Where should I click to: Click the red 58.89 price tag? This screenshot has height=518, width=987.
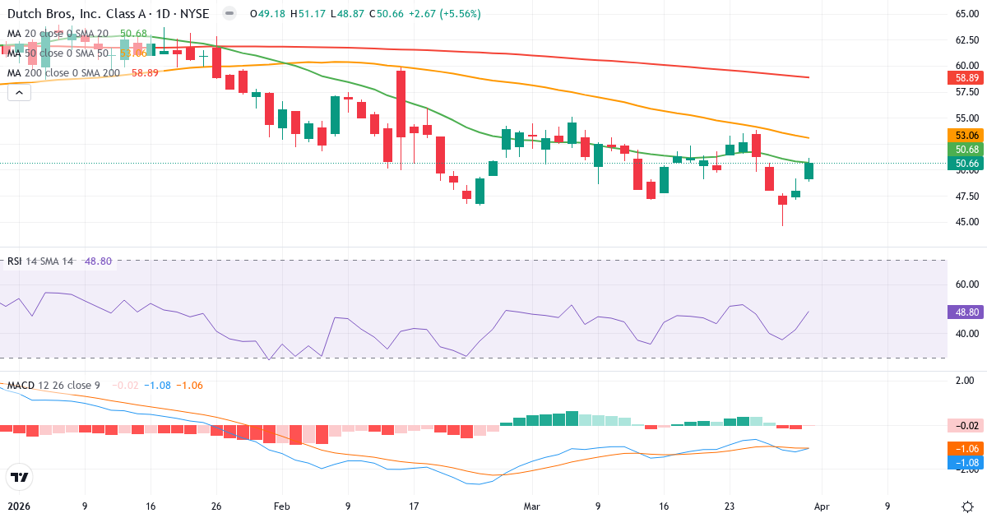coord(966,78)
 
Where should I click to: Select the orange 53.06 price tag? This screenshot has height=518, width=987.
coord(966,136)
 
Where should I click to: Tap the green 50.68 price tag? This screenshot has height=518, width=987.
coord(966,150)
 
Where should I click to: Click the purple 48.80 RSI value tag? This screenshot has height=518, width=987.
coord(966,312)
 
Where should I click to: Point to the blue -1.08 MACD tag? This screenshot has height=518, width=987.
coord(966,463)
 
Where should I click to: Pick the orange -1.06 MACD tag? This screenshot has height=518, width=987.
coord(966,448)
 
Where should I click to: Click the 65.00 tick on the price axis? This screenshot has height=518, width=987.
coord(966,14)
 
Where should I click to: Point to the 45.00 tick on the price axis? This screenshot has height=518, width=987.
coord(966,222)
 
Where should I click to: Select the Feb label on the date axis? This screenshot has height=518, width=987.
coord(281,506)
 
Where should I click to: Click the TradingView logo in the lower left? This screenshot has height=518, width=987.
coord(19,477)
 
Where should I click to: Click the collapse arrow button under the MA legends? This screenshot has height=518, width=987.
coord(19,93)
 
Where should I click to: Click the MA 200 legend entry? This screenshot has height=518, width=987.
coord(63,73)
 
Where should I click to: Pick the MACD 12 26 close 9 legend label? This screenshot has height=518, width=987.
coord(53,386)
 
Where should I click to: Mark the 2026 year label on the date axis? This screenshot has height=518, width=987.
coord(18,506)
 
